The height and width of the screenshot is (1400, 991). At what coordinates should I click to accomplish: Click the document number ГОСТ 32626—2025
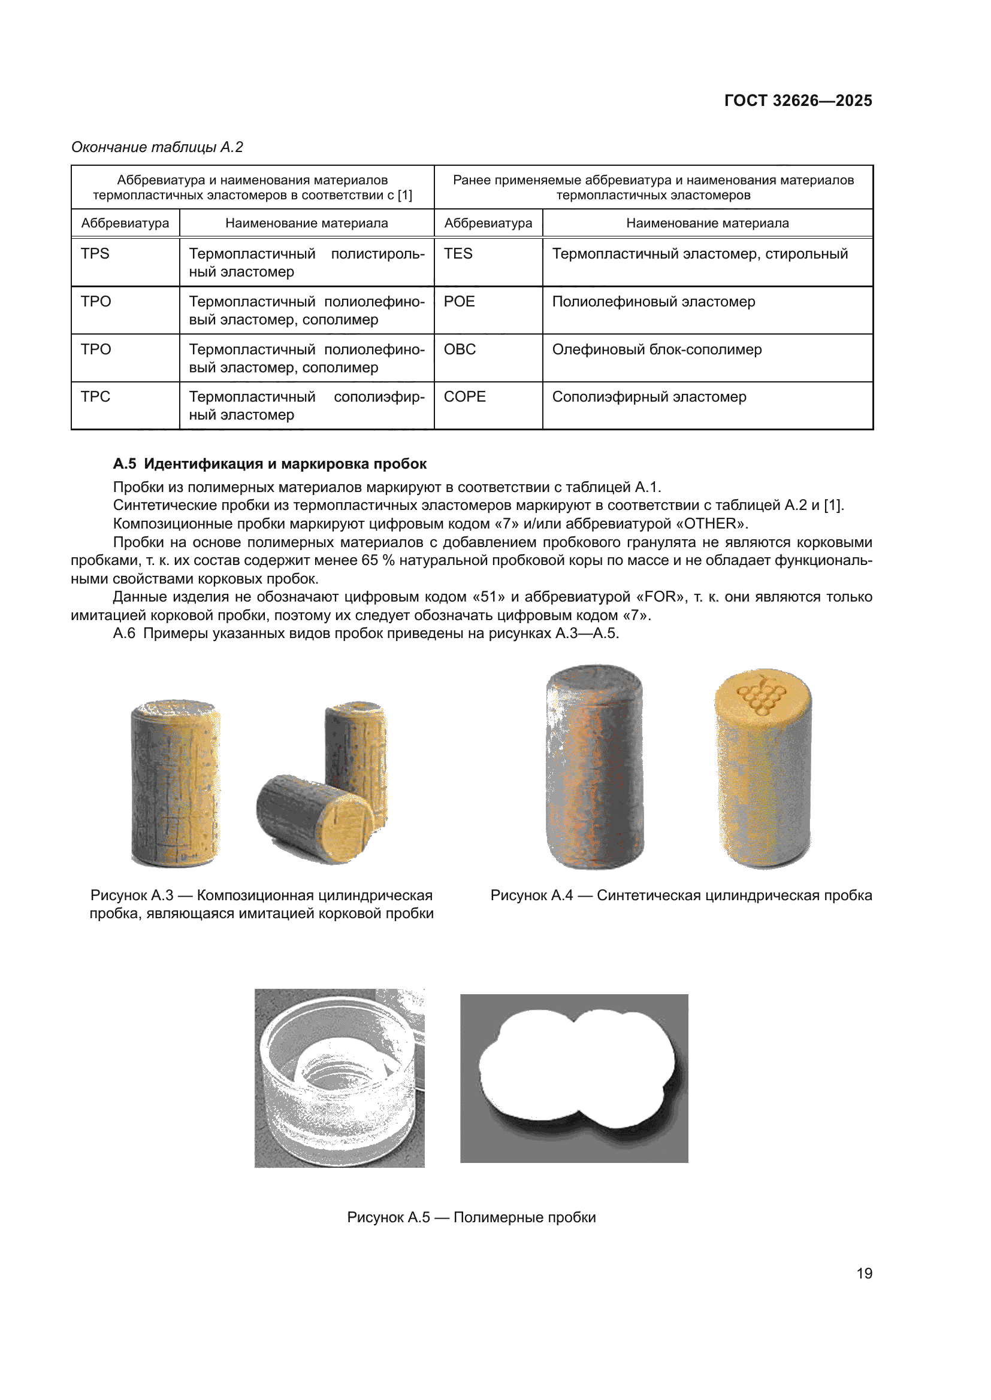click(797, 101)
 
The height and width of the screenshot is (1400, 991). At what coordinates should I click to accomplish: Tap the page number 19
click(864, 1273)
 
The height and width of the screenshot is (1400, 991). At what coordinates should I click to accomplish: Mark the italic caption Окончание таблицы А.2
click(158, 147)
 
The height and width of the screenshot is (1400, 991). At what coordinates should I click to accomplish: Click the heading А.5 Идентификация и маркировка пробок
click(270, 464)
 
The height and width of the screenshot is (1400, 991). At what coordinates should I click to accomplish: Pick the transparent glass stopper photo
click(339, 1078)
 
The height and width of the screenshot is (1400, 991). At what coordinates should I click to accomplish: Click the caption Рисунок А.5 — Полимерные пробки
click(471, 1217)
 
